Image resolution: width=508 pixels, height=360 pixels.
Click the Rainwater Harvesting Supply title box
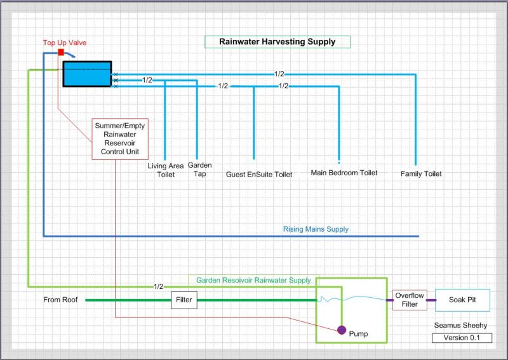point(277,42)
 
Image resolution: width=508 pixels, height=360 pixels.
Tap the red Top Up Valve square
point(61,51)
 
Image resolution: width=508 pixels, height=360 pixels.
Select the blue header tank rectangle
point(87,74)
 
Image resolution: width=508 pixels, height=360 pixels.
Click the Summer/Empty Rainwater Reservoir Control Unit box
point(120,139)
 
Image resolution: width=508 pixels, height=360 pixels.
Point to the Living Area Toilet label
point(166,170)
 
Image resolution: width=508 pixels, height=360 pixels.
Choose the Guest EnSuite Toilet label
point(259,174)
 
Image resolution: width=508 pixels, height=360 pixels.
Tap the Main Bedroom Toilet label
point(344,173)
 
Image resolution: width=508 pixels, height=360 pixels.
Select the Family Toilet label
point(421,173)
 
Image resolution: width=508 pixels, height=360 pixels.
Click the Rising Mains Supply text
point(316,229)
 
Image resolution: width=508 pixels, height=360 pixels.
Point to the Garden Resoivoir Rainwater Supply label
point(253,280)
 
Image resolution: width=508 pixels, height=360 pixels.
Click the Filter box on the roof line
point(184,300)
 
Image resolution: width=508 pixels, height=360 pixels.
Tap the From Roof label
point(60,300)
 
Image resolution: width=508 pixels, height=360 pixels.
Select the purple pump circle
point(342,330)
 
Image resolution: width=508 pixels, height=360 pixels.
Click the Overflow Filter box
point(410,300)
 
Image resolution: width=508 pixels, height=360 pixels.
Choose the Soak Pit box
point(462,300)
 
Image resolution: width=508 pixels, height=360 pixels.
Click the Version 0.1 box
point(462,338)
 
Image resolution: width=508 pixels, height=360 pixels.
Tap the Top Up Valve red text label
point(65,43)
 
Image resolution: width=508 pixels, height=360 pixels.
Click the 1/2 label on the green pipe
point(158,286)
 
